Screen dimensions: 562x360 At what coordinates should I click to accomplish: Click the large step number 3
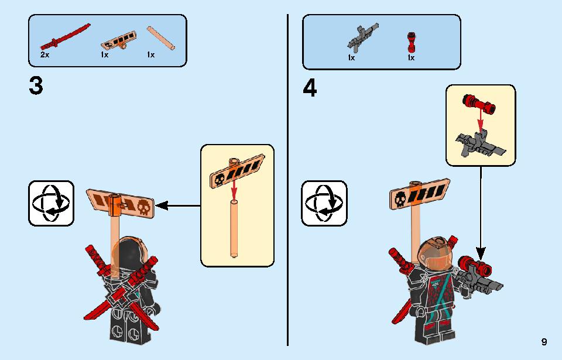point(36,86)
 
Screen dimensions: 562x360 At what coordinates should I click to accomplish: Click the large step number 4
point(310,88)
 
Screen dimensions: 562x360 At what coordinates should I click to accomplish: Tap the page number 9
point(544,342)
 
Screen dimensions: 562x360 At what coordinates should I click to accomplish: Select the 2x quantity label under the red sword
point(45,55)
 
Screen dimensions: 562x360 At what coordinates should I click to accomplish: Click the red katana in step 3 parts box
point(65,36)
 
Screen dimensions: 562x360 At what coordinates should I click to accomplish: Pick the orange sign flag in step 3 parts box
point(119,40)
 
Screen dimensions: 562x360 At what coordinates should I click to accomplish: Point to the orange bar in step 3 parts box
point(160,37)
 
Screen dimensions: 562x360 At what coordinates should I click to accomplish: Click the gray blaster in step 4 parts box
point(362,36)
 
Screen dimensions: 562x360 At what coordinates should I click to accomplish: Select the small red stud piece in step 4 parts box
point(411,43)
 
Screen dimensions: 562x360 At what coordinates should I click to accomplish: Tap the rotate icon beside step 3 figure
point(52,203)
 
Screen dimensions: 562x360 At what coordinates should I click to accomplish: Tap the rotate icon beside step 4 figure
point(324,203)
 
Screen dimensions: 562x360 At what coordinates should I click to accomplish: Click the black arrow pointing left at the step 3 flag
point(177,206)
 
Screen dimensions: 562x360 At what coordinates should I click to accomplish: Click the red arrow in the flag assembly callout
point(234,189)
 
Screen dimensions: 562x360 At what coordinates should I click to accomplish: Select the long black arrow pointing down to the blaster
point(481,213)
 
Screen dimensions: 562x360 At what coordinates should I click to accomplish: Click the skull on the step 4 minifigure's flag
point(400,200)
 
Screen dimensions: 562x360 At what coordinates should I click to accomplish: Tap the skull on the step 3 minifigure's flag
point(143,207)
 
